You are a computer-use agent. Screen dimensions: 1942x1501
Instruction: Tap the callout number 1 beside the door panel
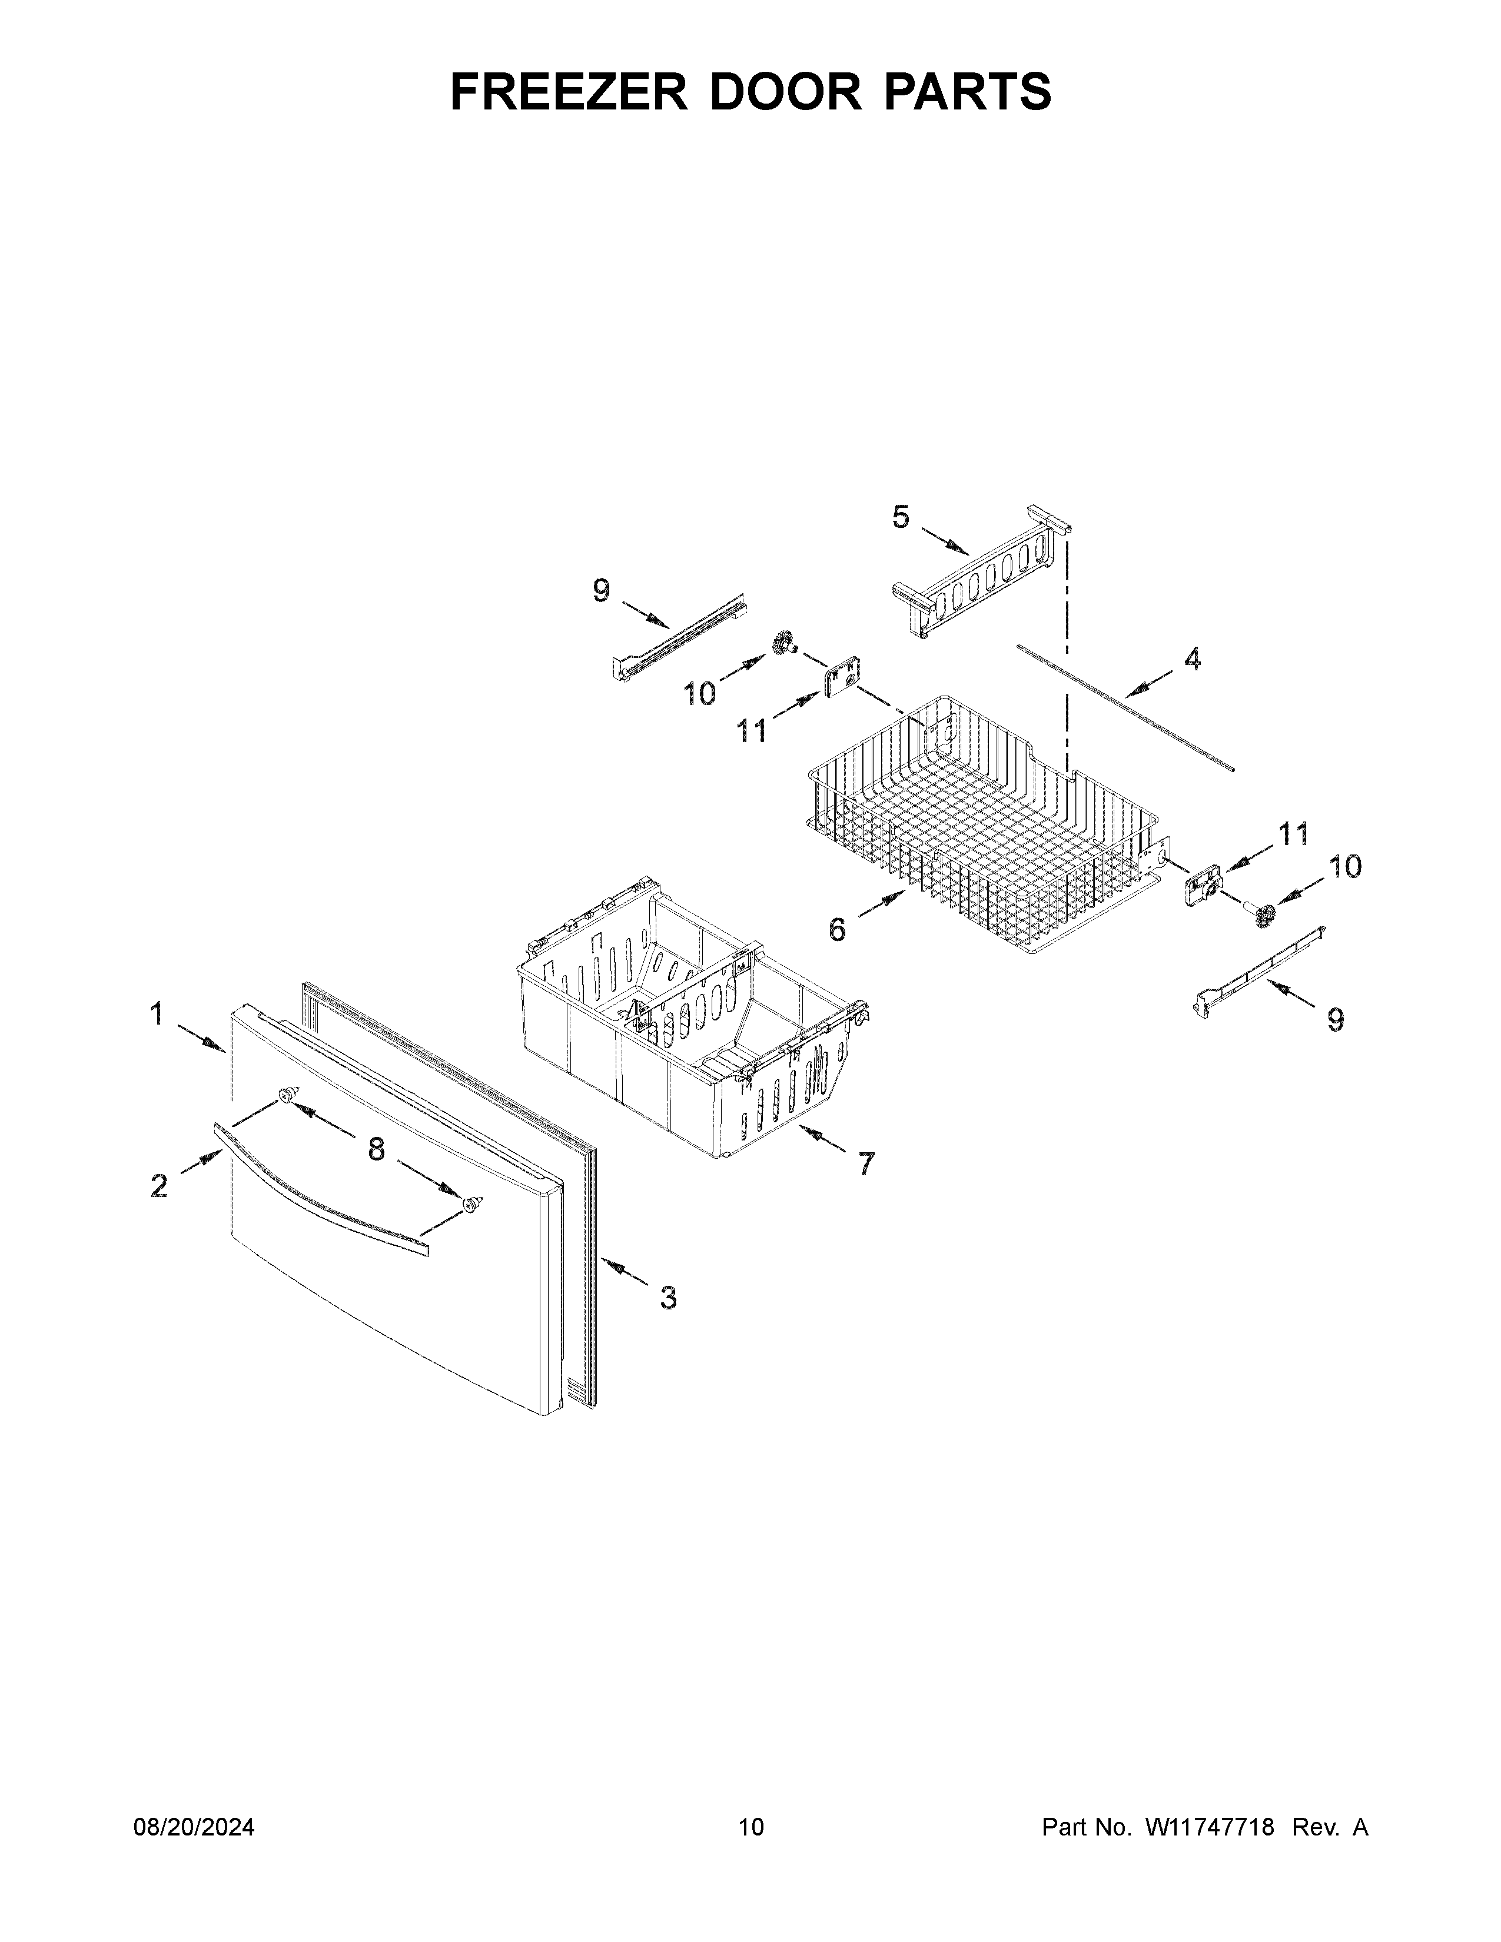[x=157, y=1014]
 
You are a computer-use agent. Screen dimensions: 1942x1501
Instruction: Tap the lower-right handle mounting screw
[x=471, y=1205]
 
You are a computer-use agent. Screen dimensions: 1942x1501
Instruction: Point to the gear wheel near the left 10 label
[x=783, y=644]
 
